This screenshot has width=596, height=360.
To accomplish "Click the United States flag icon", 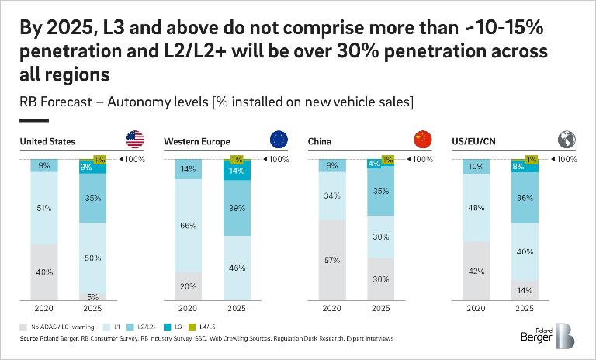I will [x=134, y=140].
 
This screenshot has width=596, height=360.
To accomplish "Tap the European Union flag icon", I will [x=279, y=140].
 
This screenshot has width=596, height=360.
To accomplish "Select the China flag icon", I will [x=422, y=140].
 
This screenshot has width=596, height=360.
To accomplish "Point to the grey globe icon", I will [x=567, y=140].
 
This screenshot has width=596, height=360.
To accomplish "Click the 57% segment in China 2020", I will [x=333, y=260].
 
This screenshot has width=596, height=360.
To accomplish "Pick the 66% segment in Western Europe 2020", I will [x=189, y=226].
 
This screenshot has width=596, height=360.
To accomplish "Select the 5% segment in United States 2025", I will [x=92, y=296].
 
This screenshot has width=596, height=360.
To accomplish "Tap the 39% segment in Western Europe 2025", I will [x=237, y=208].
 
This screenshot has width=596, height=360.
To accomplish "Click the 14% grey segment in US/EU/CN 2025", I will [x=525, y=289].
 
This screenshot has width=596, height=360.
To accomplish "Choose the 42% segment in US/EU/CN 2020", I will [x=476, y=271].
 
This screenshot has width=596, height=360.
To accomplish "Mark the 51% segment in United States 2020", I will [x=44, y=208].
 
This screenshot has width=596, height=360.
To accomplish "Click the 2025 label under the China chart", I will [x=380, y=308].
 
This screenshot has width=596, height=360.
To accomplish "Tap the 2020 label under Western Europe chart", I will [x=189, y=308].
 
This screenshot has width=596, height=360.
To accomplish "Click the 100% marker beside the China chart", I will [x=418, y=159].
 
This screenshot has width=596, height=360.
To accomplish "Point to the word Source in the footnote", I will [x=29, y=339].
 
